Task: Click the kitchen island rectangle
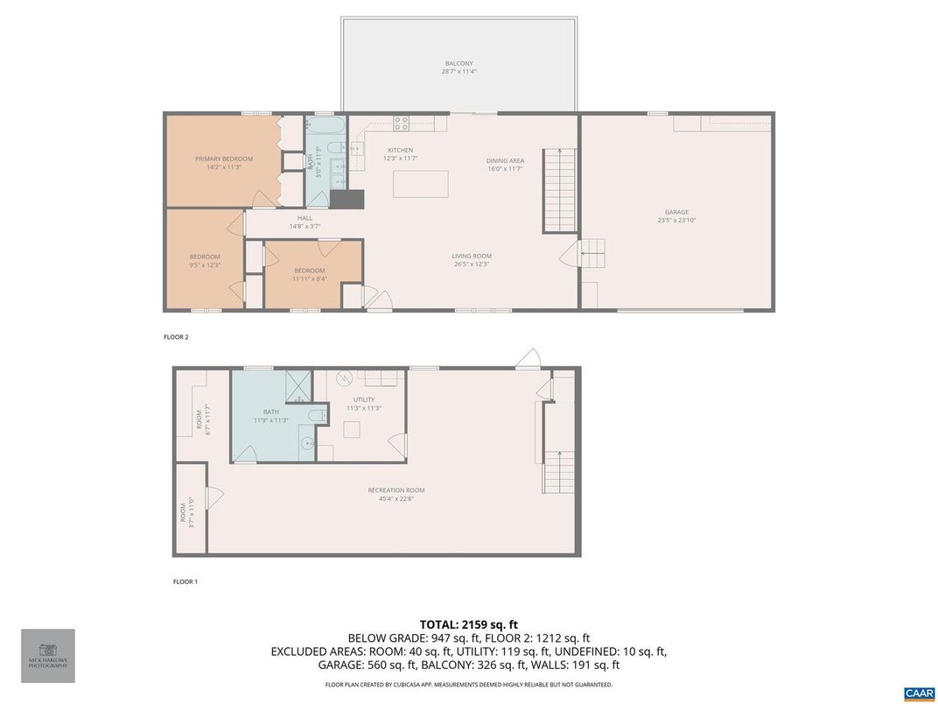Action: click(x=421, y=185)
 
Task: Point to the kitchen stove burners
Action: click(x=402, y=123)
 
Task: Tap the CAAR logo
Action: click(x=919, y=693)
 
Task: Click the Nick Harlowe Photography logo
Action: click(x=48, y=655)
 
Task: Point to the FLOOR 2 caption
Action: click(x=176, y=336)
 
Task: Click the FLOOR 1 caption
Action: click(x=185, y=581)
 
